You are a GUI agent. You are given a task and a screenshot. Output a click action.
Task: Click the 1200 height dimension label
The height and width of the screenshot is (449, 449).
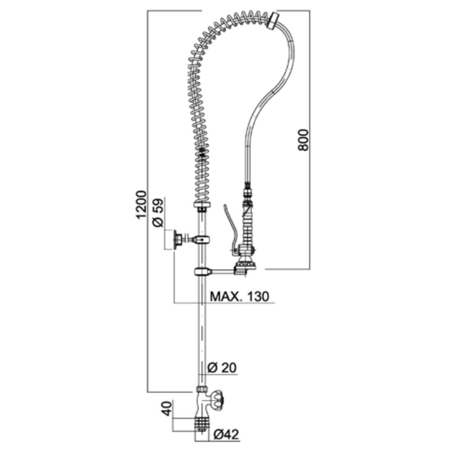(x=141, y=204)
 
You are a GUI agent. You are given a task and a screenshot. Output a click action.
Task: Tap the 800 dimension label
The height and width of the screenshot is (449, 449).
(x=304, y=140)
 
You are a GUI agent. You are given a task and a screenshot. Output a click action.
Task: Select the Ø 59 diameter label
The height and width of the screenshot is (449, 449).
(x=158, y=213)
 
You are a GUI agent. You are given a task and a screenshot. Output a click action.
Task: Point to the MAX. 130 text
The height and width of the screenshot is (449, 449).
(x=240, y=296)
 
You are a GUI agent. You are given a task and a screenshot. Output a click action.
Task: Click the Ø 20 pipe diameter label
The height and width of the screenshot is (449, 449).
(x=222, y=368)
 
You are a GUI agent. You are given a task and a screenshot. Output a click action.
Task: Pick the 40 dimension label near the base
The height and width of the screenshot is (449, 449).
(x=167, y=409)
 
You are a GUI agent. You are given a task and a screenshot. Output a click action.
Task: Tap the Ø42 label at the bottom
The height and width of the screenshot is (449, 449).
(x=226, y=434)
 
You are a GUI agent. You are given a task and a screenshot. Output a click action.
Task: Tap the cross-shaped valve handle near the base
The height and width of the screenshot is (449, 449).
(x=219, y=398)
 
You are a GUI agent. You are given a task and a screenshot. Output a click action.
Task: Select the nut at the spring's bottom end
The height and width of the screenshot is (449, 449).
(x=202, y=205)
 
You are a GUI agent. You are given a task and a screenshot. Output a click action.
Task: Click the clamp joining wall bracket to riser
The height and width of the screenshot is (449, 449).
(x=201, y=239)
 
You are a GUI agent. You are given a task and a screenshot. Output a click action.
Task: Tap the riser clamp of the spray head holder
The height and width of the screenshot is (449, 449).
(x=202, y=271)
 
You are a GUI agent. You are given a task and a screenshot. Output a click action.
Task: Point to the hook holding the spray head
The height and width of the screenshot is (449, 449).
(x=241, y=271)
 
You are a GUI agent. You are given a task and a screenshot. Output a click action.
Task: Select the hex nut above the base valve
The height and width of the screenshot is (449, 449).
(x=203, y=390)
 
